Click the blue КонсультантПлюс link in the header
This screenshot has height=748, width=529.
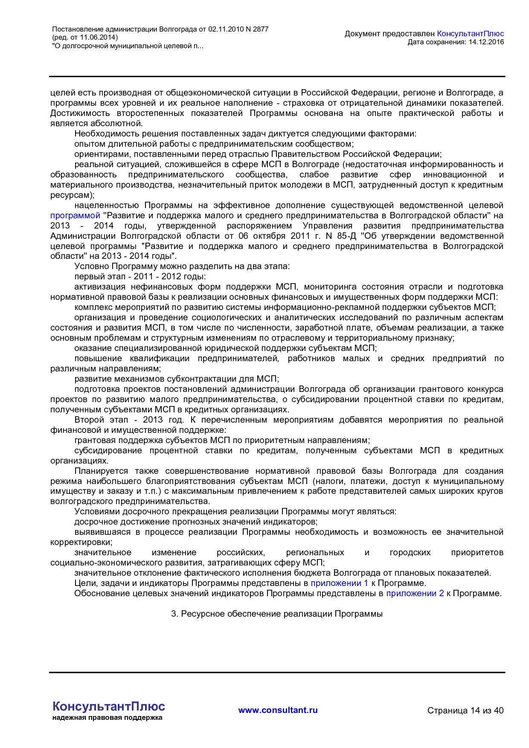470,34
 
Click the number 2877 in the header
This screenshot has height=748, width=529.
260,29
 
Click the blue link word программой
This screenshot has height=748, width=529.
75,216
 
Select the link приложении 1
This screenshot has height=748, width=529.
339,583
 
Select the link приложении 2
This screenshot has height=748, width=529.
415,594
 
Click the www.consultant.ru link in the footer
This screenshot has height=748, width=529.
278,710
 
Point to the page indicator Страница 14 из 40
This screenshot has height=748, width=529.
465,710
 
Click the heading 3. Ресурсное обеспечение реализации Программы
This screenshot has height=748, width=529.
277,614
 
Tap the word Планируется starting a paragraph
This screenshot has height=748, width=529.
101,471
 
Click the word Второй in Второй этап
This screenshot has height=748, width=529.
89,420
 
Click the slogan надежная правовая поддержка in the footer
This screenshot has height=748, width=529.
107,718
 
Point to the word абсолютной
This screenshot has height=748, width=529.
118,124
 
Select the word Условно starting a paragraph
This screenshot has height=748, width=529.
92,267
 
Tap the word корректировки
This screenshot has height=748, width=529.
81,542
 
